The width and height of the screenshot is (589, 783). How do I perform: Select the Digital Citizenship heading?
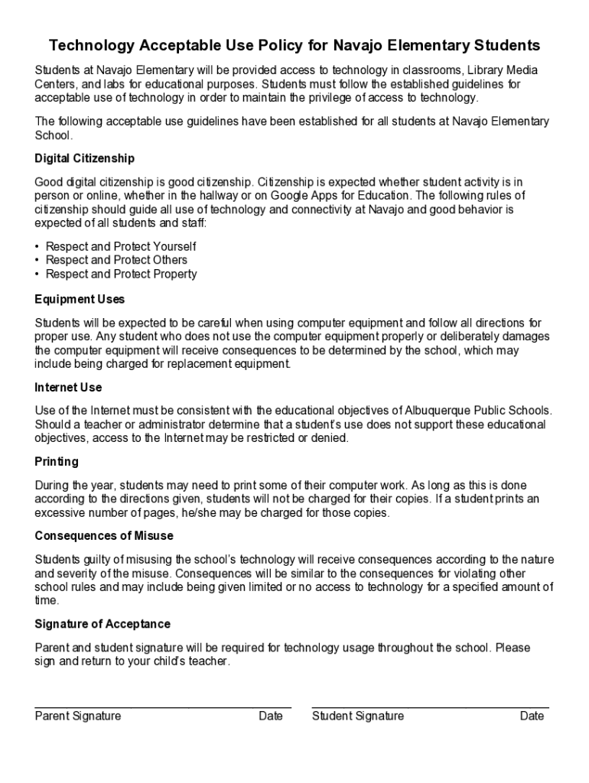pyautogui.click(x=84, y=158)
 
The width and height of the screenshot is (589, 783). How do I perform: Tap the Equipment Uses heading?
pyautogui.click(x=80, y=299)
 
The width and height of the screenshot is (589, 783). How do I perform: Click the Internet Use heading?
pyautogui.click(x=68, y=388)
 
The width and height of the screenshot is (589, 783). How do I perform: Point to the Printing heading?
pyautogui.click(x=57, y=462)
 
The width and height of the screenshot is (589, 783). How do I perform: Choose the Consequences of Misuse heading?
pyautogui.click(x=104, y=536)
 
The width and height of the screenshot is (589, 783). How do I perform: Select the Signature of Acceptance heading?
pyautogui.click(x=103, y=625)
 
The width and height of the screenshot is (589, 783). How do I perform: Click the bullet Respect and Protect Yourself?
pyautogui.click(x=121, y=246)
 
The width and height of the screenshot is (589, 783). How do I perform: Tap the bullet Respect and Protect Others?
pyautogui.click(x=116, y=260)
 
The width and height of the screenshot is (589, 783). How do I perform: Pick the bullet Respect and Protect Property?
pyautogui.click(x=121, y=274)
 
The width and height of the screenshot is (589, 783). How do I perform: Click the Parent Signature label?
pyautogui.click(x=78, y=716)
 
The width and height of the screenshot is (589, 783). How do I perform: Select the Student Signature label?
pyautogui.click(x=358, y=716)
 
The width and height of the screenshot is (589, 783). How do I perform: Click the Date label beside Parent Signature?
pyautogui.click(x=271, y=716)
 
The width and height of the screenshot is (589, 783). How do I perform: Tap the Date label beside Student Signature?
pyautogui.click(x=532, y=716)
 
